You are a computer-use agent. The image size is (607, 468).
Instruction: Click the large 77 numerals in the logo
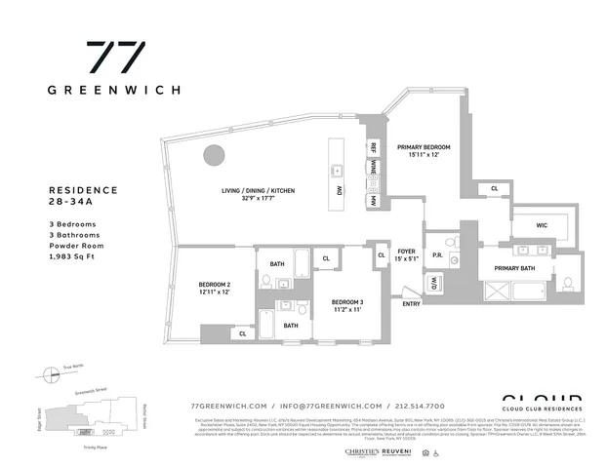(x=116, y=56)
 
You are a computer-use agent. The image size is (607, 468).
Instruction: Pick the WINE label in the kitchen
(x=372, y=173)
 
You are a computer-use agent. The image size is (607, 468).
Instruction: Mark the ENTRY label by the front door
(x=412, y=304)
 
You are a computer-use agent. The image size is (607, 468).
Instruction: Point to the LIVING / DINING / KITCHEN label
(x=256, y=190)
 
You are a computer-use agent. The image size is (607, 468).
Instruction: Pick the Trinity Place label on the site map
(x=96, y=448)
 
